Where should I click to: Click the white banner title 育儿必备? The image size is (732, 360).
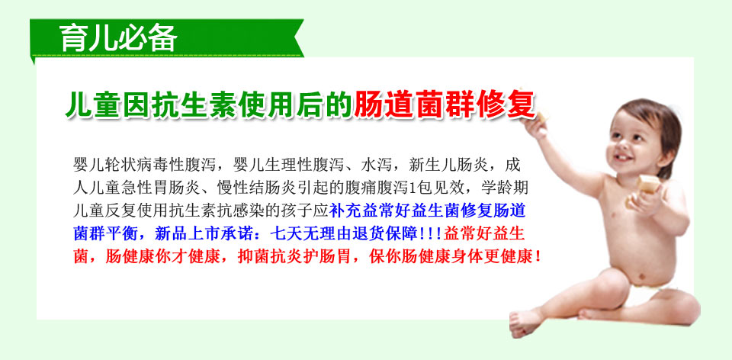tap(119, 38)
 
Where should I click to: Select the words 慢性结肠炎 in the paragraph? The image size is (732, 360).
tap(257, 188)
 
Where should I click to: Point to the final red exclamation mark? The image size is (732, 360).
tap(539, 256)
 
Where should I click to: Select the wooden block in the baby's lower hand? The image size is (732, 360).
tap(648, 185)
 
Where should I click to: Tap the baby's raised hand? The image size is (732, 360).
tap(535, 126)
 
